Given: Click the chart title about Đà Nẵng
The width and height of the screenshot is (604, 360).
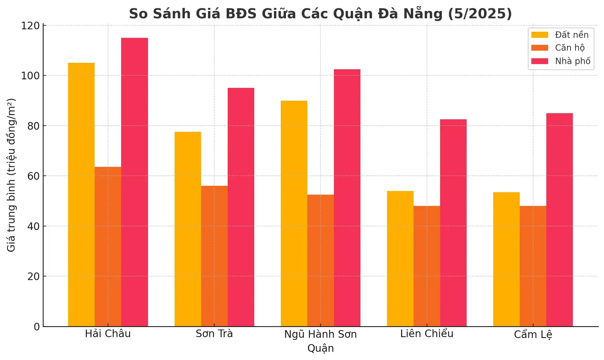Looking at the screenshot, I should tap(320, 14).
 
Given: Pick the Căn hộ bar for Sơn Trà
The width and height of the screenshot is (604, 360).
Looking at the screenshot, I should tap(214, 256).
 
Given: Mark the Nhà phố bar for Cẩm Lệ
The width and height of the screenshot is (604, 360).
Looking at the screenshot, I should tap(559, 220).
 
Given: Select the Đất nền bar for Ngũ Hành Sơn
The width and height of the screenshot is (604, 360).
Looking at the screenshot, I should tap(294, 214).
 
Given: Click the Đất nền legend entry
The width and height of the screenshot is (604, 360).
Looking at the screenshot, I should tap(571, 35).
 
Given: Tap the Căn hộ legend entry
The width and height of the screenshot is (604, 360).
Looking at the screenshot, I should tap(570, 48).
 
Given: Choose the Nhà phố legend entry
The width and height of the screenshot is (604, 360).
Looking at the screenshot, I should tap(573, 61).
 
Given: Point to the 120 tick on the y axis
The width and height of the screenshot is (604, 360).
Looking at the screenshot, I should tap(30, 26).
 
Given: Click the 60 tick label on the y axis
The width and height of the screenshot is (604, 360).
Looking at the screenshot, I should tap(33, 176).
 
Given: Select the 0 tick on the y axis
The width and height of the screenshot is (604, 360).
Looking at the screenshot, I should tap(37, 327).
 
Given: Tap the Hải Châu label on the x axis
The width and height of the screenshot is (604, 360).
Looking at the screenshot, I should tap(108, 334).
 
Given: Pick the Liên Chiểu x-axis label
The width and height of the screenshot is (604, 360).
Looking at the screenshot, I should tap(427, 334).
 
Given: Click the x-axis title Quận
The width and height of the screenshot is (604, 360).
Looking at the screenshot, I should tap(320, 348).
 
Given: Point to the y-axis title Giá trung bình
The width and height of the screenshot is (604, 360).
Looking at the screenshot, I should tap(11, 175).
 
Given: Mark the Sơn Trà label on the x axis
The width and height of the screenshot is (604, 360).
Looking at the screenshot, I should tap(214, 334).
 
